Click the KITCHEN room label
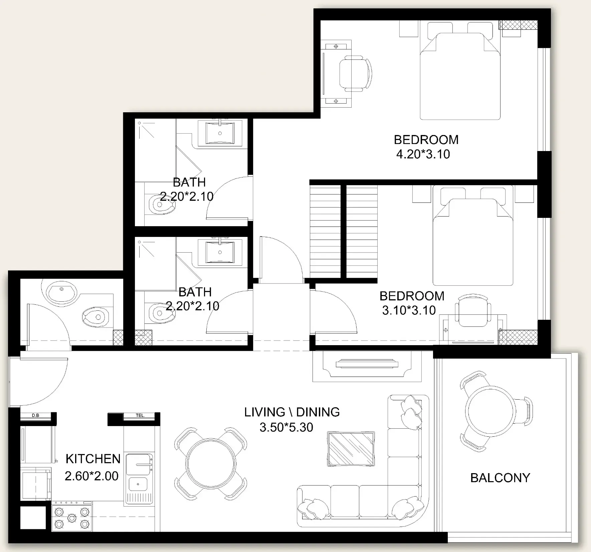tap(93, 459)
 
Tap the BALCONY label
tap(500, 478)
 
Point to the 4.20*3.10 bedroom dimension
tap(423, 154)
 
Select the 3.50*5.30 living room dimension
tap(286, 427)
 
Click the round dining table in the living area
tap(211, 463)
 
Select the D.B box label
tap(35, 415)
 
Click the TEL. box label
tap(140, 415)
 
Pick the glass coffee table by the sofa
tap(351, 449)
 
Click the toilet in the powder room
tap(96, 316)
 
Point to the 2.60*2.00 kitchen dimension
tap(91, 476)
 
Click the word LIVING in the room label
tap(264, 412)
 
